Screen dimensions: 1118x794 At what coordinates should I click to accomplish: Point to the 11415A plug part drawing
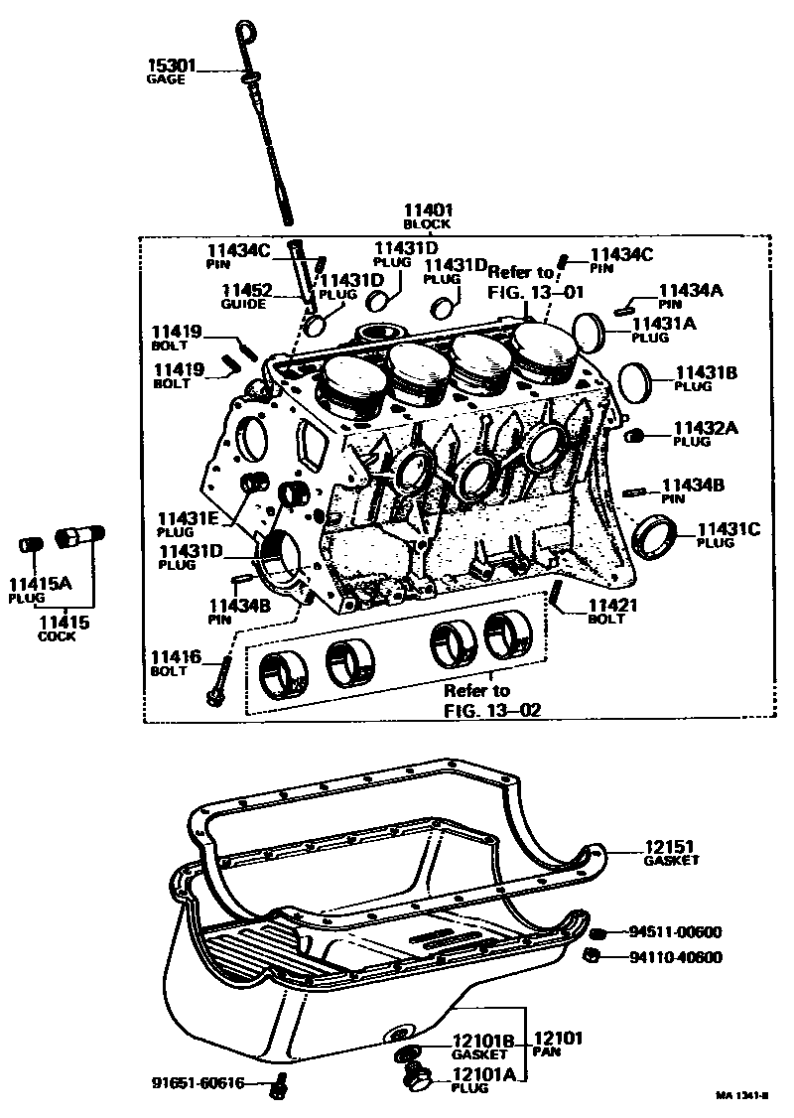30,546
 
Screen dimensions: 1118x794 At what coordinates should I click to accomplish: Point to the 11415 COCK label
64,629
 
